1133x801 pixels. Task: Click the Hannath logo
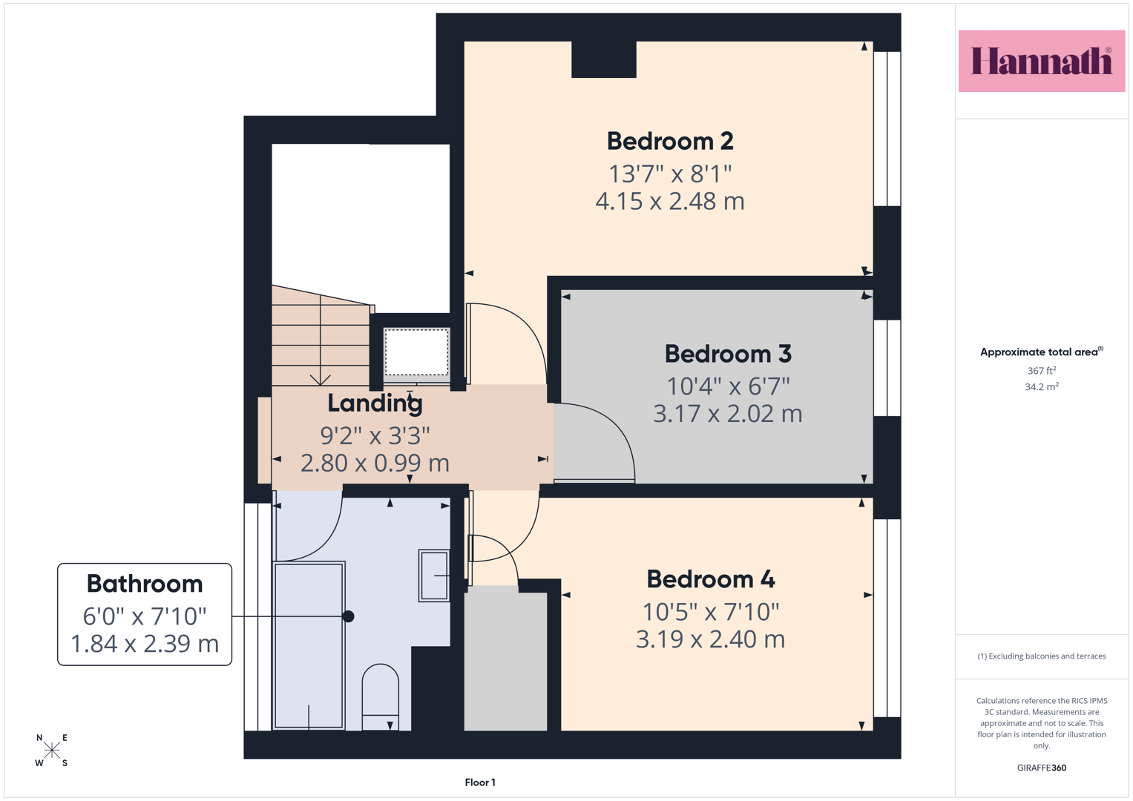[x=1042, y=61]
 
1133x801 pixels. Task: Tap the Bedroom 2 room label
[x=670, y=141]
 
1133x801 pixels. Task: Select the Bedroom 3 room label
[x=728, y=354]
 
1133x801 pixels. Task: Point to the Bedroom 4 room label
[x=711, y=579]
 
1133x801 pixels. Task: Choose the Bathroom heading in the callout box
[x=145, y=584]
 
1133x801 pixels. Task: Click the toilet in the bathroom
[x=381, y=697]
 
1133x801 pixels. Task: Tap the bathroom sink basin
[x=434, y=576]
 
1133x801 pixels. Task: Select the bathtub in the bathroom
[x=309, y=646]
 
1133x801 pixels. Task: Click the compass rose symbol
[x=52, y=750]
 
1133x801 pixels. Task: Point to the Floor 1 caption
[x=480, y=782]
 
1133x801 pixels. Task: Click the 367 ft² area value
[x=1042, y=371]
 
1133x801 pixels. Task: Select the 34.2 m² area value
[x=1042, y=387]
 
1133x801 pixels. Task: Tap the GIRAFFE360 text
[x=1042, y=768]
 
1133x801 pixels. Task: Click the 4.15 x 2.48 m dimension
[x=670, y=201]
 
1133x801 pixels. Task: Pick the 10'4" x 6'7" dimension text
[x=728, y=386]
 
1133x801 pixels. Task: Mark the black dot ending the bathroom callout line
[x=348, y=616]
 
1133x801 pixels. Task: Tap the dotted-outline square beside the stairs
[x=416, y=352]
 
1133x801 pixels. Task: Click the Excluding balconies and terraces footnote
[x=1042, y=656]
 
